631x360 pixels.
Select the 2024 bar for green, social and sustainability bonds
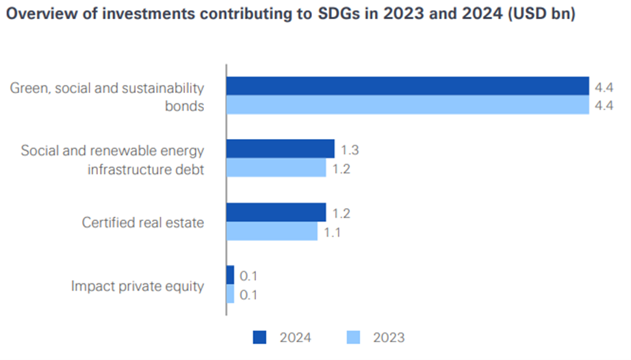click(407, 86)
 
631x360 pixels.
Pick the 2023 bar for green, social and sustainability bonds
click(407, 105)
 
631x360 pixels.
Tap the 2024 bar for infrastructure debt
click(280, 149)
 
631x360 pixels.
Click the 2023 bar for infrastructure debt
click(276, 168)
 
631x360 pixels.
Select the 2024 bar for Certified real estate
click(276, 212)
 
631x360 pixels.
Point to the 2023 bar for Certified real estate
click(272, 231)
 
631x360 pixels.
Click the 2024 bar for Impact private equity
click(230, 275)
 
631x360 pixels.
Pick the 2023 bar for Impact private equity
click(230, 294)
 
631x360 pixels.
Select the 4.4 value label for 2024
click(604, 86)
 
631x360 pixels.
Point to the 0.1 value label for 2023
click(249, 295)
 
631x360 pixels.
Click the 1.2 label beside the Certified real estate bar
click(342, 213)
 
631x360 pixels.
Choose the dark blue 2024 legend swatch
click(260, 337)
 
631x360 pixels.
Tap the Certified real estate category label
click(143, 222)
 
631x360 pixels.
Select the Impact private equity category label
click(138, 285)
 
